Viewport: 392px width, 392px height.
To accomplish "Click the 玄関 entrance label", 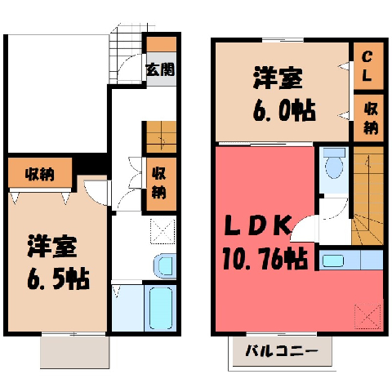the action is (x=160, y=69).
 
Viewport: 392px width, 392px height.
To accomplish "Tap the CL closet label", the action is (x=367, y=66).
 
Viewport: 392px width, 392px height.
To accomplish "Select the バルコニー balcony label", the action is (x=282, y=351).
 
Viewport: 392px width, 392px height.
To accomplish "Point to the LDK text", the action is (x=257, y=225).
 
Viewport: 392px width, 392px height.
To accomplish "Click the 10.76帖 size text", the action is (x=265, y=259).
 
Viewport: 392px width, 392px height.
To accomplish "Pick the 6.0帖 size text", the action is (x=284, y=111).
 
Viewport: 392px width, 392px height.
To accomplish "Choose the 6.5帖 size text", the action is (x=58, y=278).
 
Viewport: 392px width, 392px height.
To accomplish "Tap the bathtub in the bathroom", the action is (x=161, y=308).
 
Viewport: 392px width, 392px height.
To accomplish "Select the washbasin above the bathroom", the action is (x=164, y=266).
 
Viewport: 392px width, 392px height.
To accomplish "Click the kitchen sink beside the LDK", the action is (x=333, y=261).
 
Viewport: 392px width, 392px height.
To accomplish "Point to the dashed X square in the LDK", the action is (x=367, y=317).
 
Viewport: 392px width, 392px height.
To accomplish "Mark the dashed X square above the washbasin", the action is (x=163, y=231).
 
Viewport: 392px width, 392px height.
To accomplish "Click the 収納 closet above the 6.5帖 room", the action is (x=40, y=173).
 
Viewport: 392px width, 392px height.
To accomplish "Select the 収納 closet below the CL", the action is (x=368, y=118).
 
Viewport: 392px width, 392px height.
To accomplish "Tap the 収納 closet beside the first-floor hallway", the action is (x=159, y=184).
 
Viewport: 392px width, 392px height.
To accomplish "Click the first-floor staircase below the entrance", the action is (x=161, y=136).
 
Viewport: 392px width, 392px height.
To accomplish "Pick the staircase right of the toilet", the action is (x=368, y=195).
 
